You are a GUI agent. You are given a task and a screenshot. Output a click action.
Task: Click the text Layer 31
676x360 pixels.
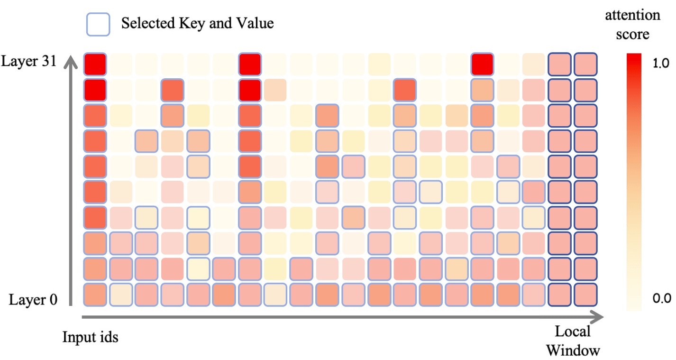click(29, 61)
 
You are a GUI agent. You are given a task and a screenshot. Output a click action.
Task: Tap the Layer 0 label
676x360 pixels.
click(33, 299)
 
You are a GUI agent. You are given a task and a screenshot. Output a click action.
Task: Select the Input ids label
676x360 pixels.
click(90, 337)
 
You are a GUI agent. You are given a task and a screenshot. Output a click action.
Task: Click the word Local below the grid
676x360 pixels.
click(573, 331)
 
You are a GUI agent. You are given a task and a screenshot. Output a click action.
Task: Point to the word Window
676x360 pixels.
click(573, 351)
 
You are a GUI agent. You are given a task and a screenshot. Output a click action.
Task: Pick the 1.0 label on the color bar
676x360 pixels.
click(661, 63)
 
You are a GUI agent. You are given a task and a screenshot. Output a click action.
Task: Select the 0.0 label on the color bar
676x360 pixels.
click(661, 298)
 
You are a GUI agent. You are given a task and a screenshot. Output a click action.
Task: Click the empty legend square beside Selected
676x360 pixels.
click(98, 23)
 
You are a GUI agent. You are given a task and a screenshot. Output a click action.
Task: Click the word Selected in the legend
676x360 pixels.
click(144, 23)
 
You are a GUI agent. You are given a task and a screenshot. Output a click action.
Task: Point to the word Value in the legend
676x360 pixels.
click(256, 23)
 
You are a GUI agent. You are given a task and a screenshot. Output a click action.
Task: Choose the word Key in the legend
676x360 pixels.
click(192, 23)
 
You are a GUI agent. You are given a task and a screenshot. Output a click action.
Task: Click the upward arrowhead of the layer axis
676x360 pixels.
click(70, 61)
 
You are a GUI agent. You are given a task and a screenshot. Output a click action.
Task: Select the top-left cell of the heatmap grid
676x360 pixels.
click(95, 64)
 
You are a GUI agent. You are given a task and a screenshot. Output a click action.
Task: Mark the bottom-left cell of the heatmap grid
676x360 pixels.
click(95, 294)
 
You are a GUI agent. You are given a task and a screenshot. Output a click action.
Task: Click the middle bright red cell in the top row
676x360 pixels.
click(250, 64)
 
